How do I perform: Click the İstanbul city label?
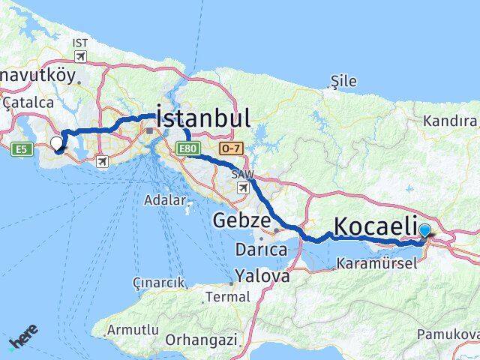tap(202, 119)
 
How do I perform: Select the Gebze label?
tap(240, 220)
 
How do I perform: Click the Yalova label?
tap(262, 276)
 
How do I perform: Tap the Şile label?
tap(344, 81)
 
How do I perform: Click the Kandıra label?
tap(449, 121)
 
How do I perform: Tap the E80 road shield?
tap(187, 150)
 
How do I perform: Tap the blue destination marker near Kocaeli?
tap(425, 232)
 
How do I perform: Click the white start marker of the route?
tap(56, 143)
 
